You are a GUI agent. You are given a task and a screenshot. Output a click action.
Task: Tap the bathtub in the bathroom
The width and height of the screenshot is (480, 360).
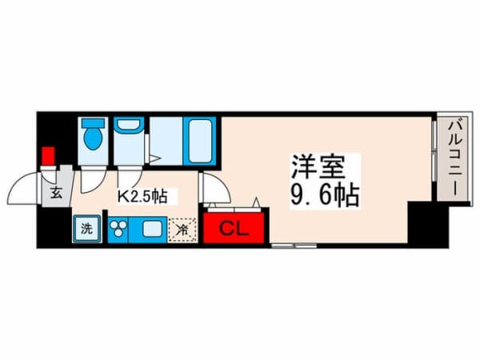coord(198,141)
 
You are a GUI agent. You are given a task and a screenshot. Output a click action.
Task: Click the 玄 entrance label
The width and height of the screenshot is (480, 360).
coord(57,193)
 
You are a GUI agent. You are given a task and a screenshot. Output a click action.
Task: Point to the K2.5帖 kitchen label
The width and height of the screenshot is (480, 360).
coord(142,194)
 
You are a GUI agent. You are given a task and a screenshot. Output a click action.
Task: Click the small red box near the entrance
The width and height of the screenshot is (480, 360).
coord(49,155)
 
